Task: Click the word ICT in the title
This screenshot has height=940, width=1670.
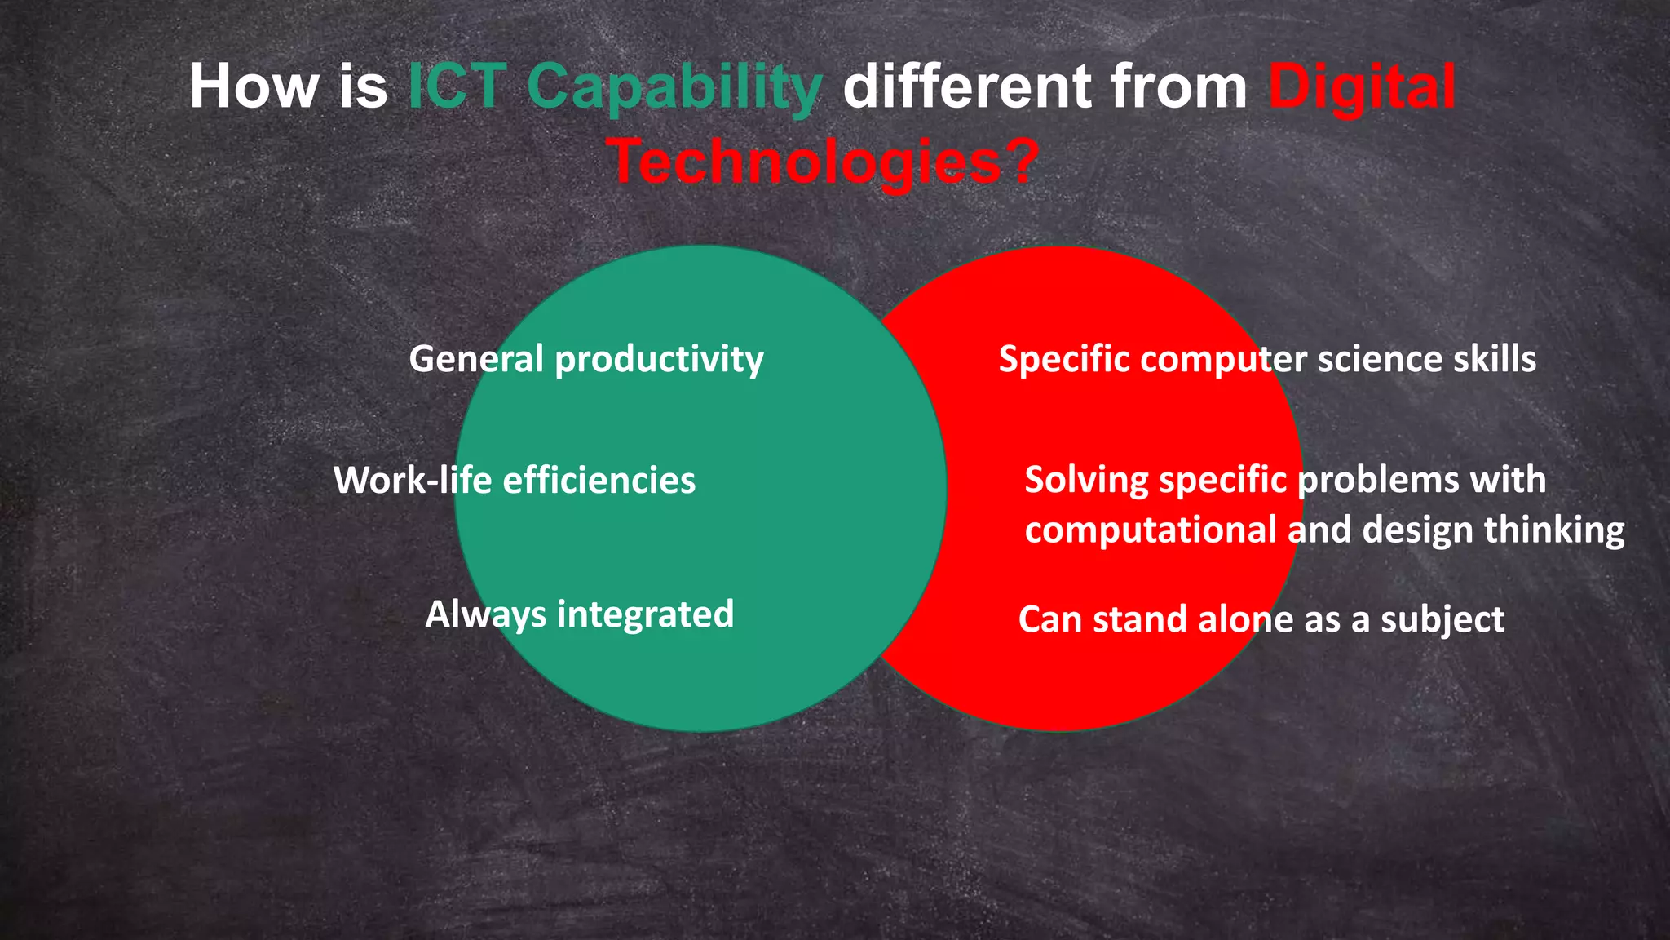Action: (457, 86)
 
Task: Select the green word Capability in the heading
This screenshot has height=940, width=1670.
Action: (674, 88)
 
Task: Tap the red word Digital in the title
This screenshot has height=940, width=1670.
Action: (1361, 88)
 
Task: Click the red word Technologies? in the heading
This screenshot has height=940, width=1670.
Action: (824, 162)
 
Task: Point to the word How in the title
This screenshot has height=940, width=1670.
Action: (254, 86)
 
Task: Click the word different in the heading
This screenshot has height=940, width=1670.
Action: (967, 86)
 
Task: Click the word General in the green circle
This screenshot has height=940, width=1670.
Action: (476, 359)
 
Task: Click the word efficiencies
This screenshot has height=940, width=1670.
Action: (599, 480)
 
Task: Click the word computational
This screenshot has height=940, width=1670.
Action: (1151, 531)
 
